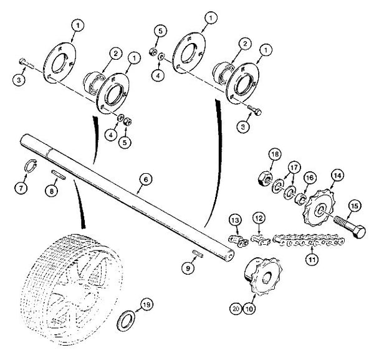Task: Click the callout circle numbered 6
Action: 146,179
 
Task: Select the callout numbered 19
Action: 146,305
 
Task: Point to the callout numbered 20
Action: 236,309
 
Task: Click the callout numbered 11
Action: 312,259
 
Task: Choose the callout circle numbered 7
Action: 21,188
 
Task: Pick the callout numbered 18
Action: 275,154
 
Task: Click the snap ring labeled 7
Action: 31,166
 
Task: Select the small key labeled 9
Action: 198,253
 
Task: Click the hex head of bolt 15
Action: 359,231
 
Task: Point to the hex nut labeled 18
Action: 265,179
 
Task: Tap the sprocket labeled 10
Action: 263,277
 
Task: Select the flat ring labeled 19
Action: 126,321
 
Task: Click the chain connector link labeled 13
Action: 239,240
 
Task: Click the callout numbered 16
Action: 310,178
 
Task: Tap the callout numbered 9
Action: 188,268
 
